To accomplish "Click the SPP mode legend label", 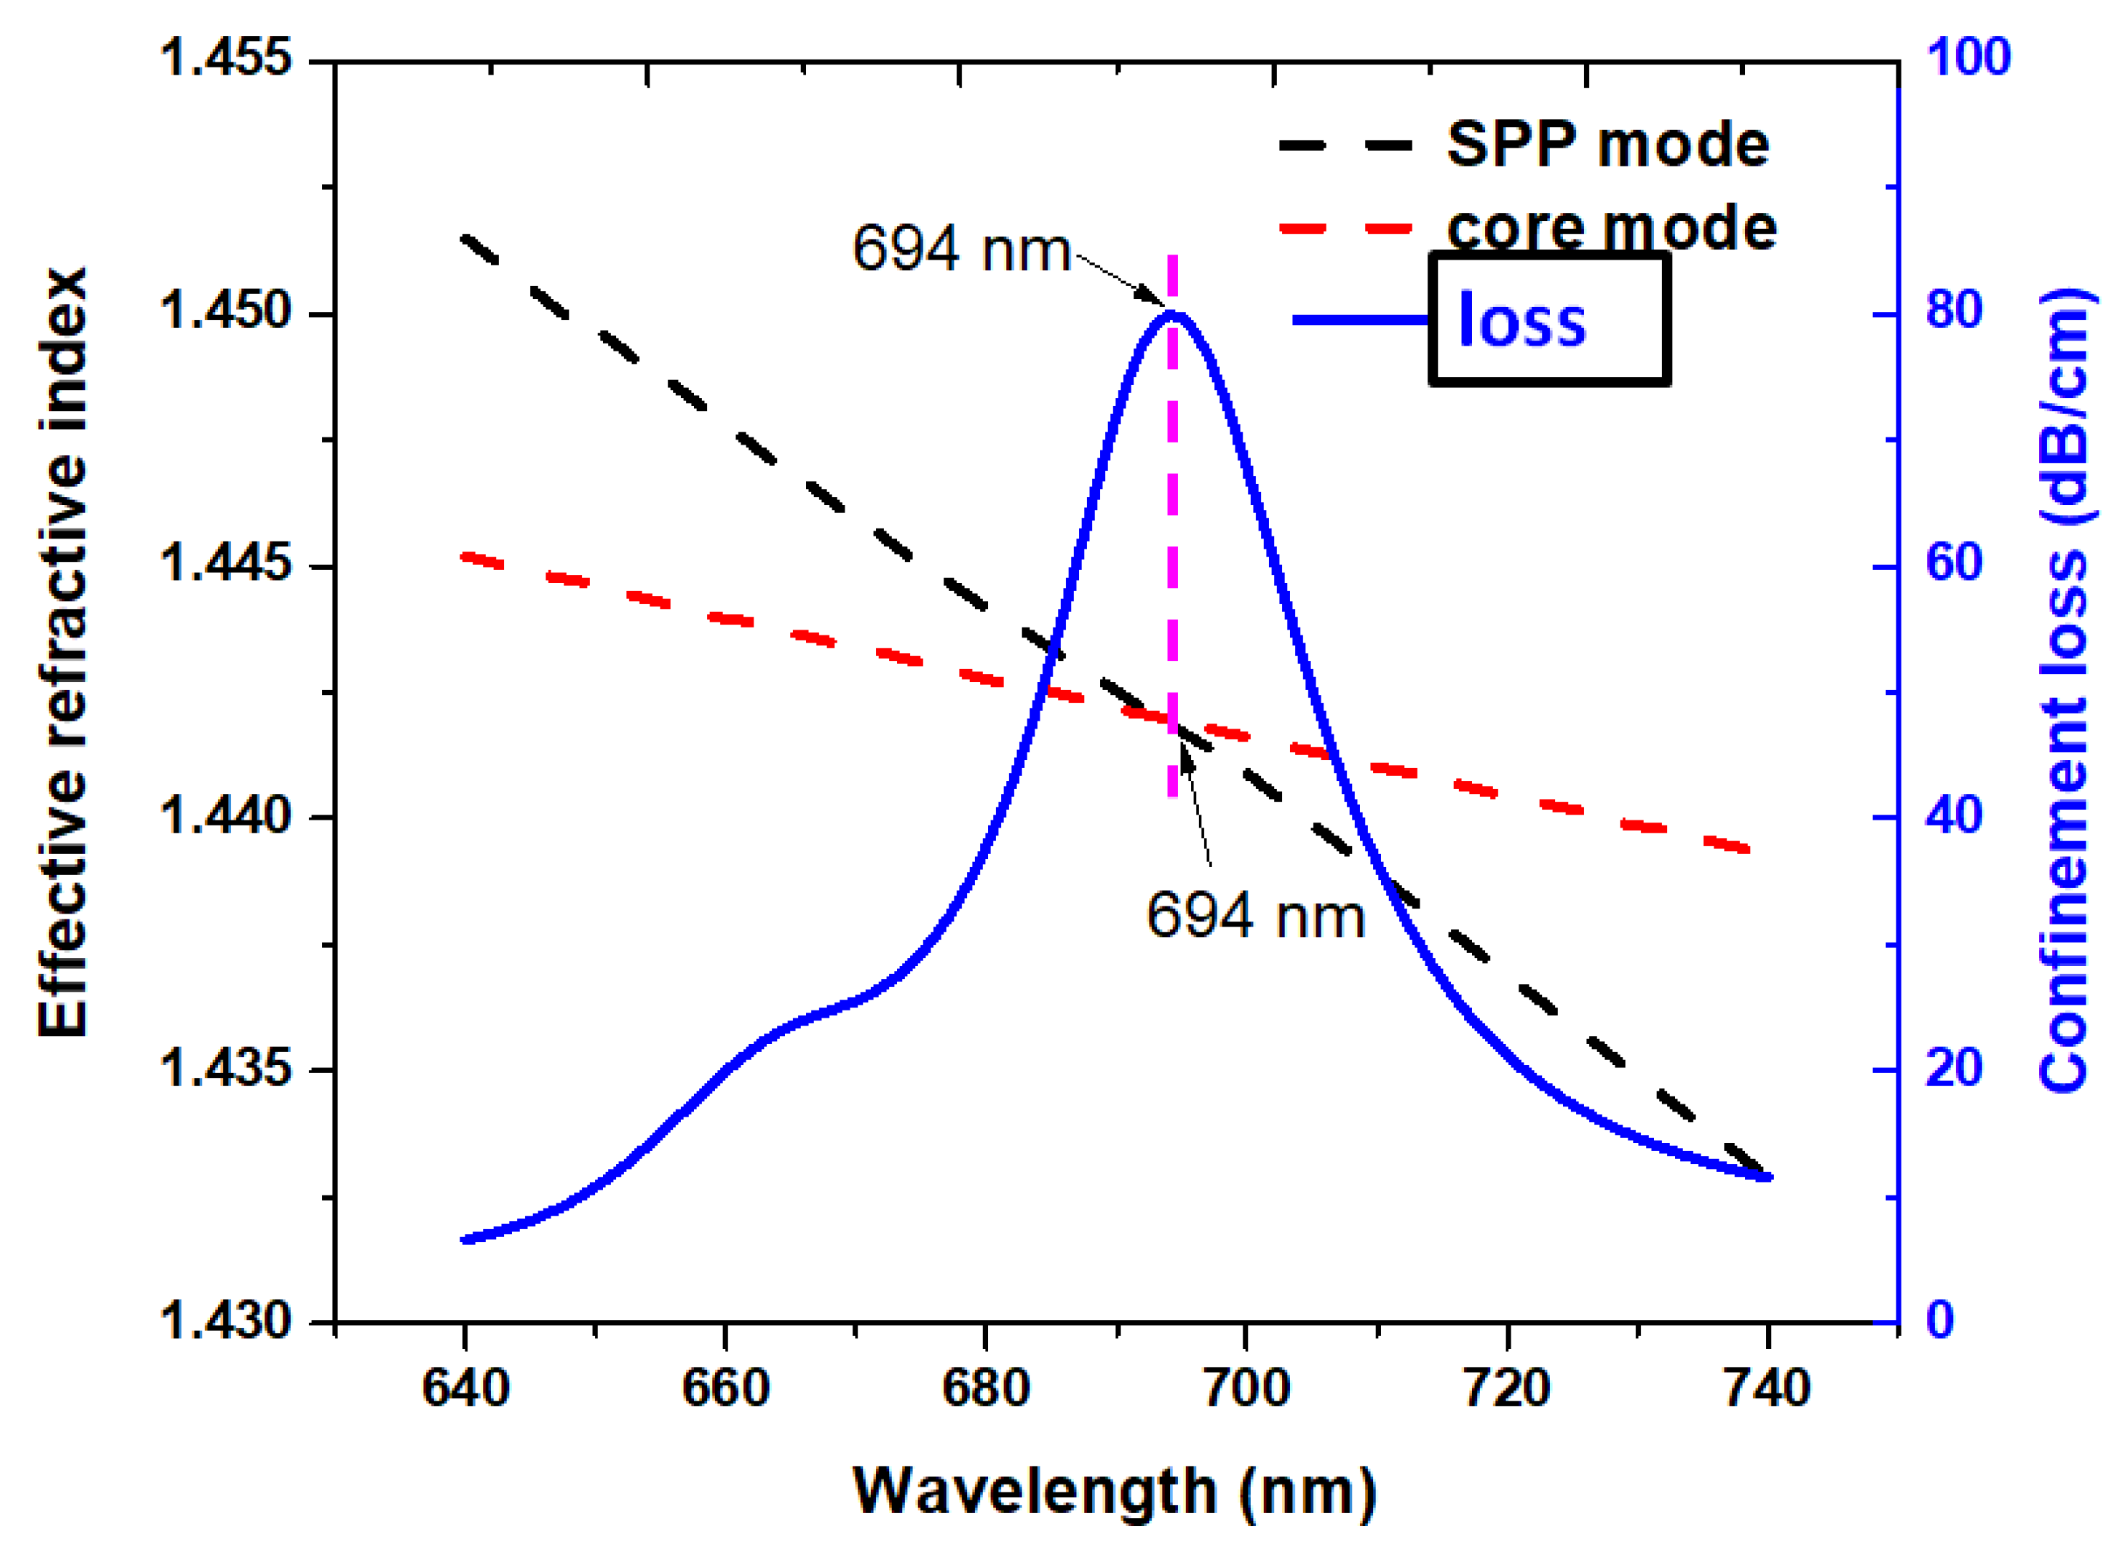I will coord(1607,146).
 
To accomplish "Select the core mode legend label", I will coord(1610,228).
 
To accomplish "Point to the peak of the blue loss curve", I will coord(1172,314).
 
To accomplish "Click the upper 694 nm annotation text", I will coord(961,250).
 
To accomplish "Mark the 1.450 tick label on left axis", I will coord(226,311).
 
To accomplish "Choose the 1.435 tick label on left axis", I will coord(226,1067).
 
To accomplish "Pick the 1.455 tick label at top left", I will coord(226,56).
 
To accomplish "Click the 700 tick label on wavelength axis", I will coord(1245,1388).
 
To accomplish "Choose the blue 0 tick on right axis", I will coord(1940,1320).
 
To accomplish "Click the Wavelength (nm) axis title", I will coord(1114,1491).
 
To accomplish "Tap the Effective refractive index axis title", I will coord(63,652).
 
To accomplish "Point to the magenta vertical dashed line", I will coord(1172,525).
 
